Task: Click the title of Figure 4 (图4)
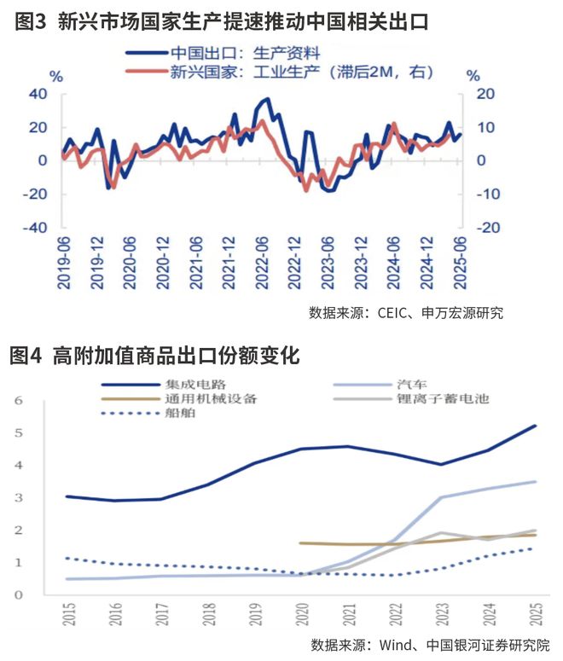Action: [154, 356]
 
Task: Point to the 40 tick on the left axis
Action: [38, 93]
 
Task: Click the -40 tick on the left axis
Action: [35, 229]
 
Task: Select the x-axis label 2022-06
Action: [262, 262]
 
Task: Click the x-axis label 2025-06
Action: [461, 262]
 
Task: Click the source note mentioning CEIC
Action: [406, 313]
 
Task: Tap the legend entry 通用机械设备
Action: [209, 398]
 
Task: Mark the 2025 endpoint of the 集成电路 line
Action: [535, 426]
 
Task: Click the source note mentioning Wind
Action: [430, 644]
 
